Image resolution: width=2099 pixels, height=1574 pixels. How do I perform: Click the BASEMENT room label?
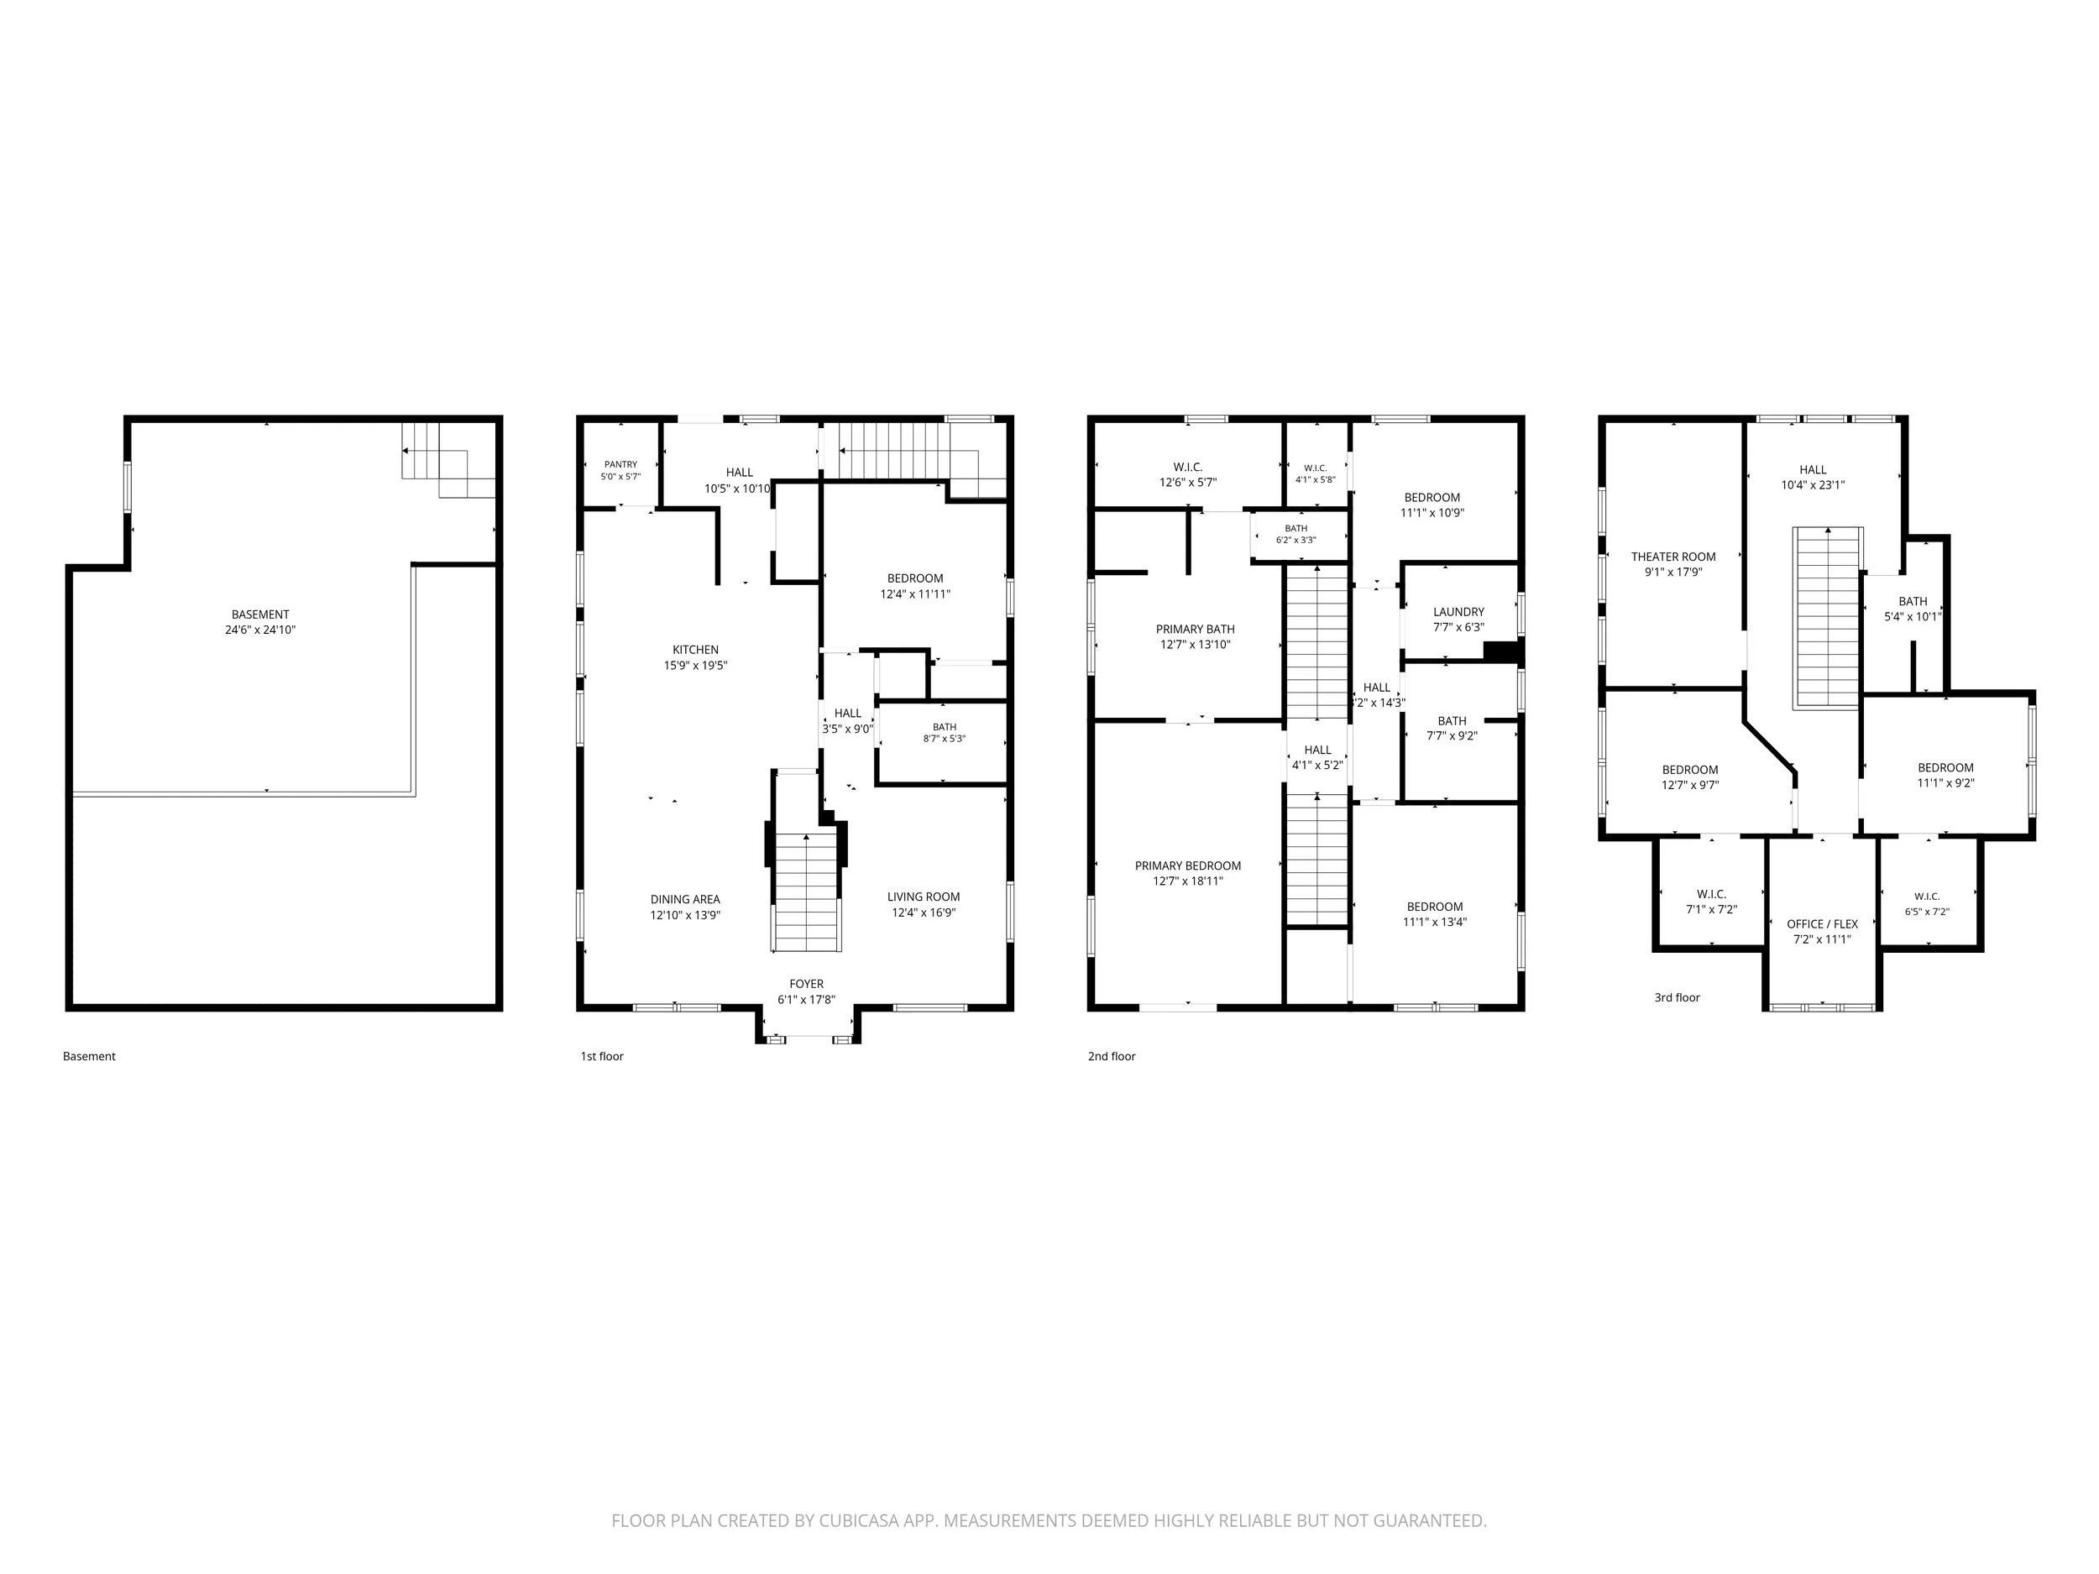point(260,614)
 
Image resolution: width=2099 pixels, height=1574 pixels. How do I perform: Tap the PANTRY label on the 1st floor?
point(620,465)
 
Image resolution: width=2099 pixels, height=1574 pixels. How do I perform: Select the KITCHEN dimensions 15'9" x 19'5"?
point(695,666)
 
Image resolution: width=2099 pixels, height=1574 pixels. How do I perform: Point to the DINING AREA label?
point(685,899)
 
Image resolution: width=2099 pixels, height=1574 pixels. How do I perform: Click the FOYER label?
point(807,984)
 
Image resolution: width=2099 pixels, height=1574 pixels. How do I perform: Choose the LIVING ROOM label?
point(924,897)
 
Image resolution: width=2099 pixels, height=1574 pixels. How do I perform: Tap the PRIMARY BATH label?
point(1195,629)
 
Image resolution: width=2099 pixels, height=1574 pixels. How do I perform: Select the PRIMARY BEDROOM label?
point(1188,865)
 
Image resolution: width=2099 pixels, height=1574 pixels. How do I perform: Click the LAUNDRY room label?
point(1458,612)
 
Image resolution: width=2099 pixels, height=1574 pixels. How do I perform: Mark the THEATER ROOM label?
point(1673,557)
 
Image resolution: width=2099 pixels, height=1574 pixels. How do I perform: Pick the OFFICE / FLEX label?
point(1822,924)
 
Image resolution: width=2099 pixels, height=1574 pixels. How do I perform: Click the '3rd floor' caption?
point(1677,997)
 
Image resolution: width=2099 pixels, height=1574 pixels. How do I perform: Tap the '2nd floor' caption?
point(1111,1056)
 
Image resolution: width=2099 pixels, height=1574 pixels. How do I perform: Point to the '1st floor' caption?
point(602,1056)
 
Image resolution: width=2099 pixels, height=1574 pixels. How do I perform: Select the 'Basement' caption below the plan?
point(89,1056)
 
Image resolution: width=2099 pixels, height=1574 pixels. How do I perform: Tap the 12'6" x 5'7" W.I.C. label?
point(1187,474)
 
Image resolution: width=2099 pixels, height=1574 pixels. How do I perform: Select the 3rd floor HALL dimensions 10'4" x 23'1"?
point(1813,485)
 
